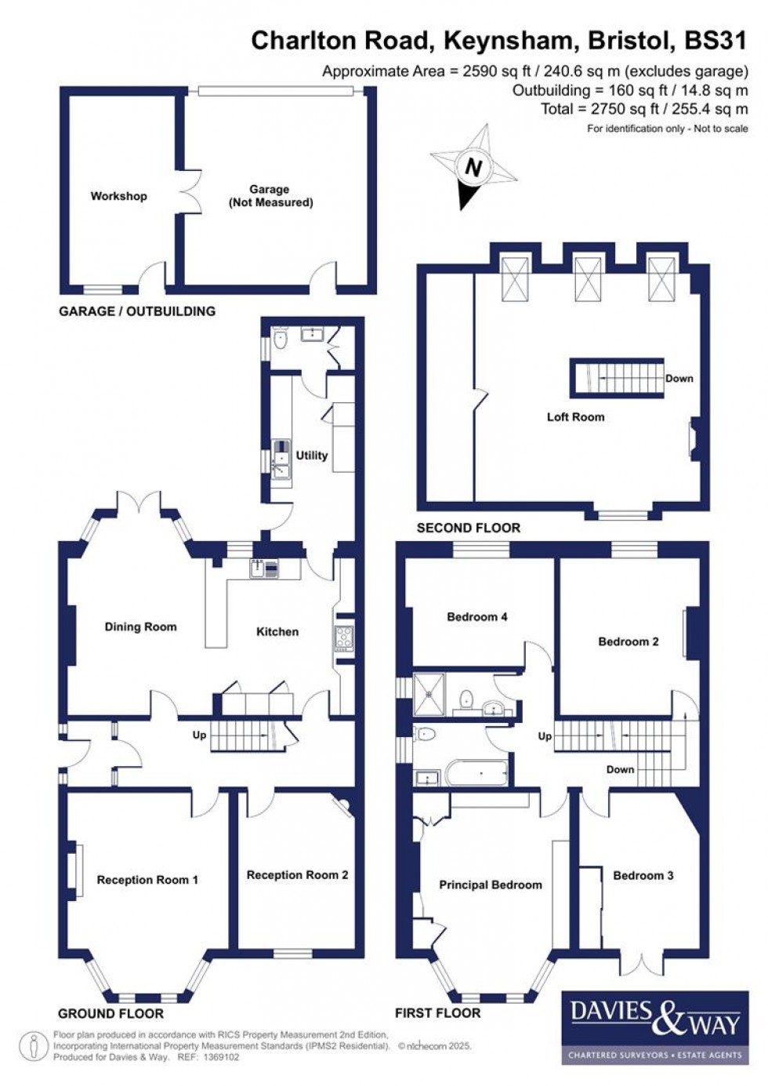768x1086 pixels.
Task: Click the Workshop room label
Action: [x=118, y=196]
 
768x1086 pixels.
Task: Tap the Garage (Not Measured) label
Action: [x=270, y=196]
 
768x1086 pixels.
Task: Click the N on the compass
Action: [x=473, y=168]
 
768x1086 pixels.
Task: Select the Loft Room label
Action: [x=575, y=417]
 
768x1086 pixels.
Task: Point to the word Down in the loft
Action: [x=679, y=378]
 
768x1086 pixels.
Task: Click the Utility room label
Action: [x=311, y=455]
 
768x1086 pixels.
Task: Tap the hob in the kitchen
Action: [x=344, y=637]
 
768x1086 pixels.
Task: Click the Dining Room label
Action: [x=140, y=627]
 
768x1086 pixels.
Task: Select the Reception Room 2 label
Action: [x=297, y=875]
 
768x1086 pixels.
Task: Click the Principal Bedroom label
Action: [x=490, y=884]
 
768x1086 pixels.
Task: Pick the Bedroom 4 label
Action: [x=476, y=617]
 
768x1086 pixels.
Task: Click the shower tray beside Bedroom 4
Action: [x=429, y=693]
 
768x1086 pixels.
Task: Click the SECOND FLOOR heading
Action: [x=468, y=528]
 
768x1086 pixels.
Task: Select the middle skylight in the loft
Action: [x=588, y=278]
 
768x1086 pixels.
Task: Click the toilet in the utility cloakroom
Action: [x=280, y=339]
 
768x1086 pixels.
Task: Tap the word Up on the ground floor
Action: [x=200, y=735]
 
